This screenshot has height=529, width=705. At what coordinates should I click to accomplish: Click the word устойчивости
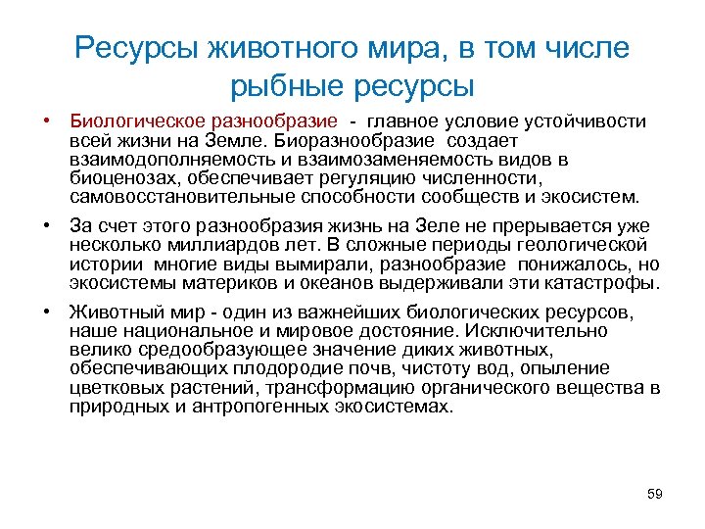pyautogui.click(x=585, y=121)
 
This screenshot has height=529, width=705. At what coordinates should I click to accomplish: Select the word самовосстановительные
pyautogui.click(x=169, y=196)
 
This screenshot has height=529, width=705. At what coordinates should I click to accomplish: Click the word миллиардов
pyautogui.click(x=207, y=244)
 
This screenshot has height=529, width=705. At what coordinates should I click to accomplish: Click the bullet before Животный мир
pyautogui.click(x=47, y=313)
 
